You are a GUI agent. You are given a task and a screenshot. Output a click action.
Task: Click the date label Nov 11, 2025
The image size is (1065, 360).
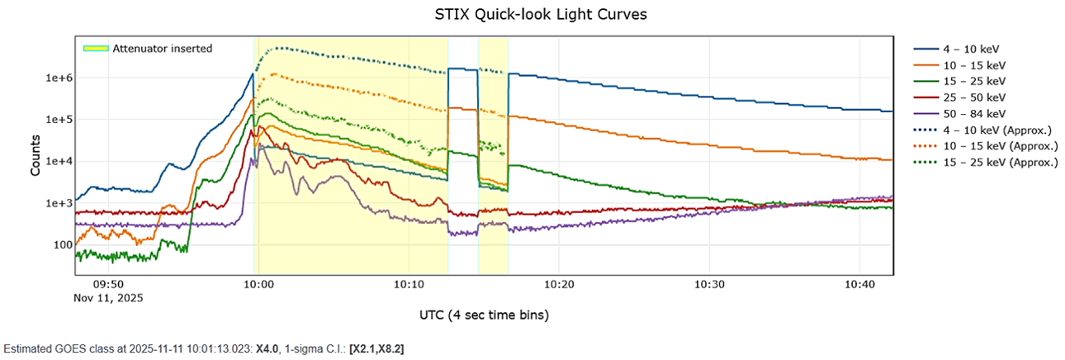(108, 298)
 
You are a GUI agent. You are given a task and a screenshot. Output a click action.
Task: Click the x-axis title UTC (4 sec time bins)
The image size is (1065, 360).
(484, 315)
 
